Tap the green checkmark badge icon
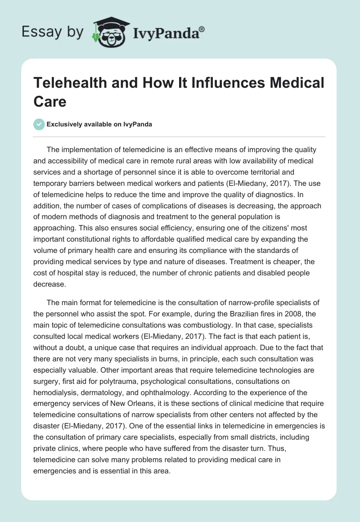[39, 125]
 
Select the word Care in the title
[50, 102]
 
